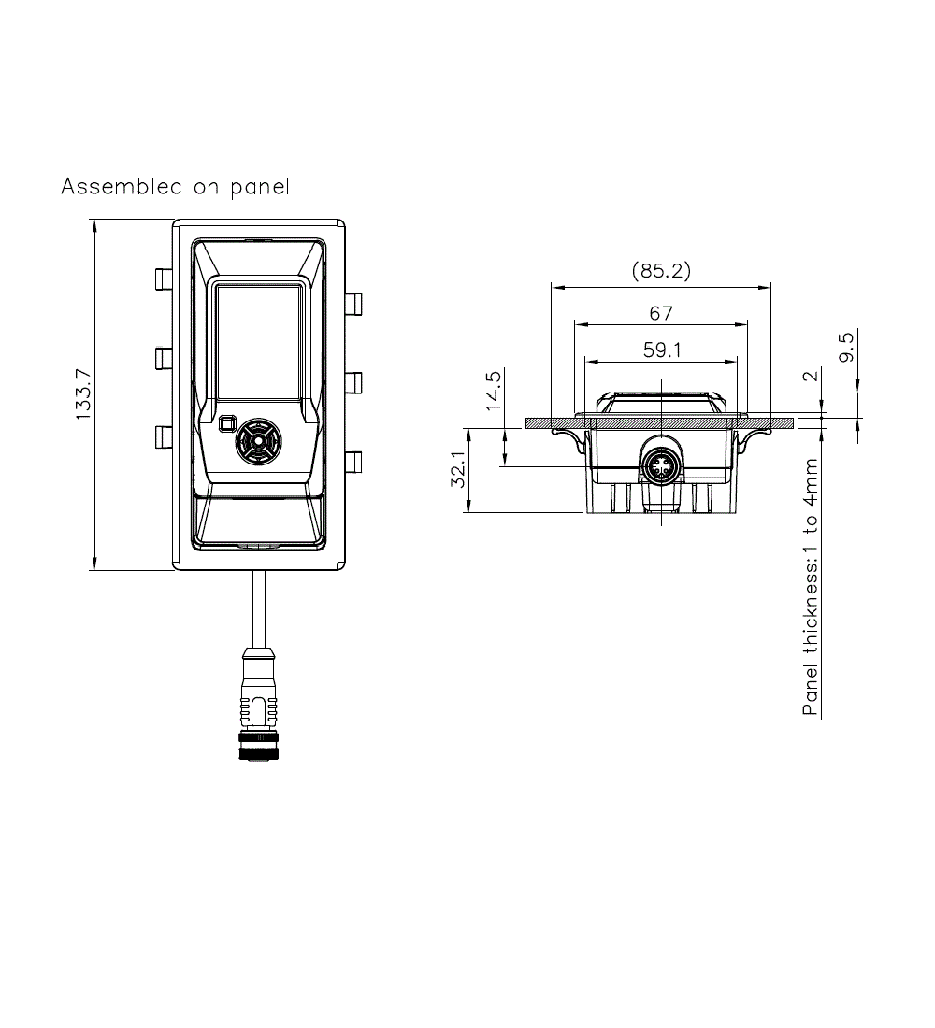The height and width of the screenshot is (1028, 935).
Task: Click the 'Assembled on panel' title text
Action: pyautogui.click(x=175, y=187)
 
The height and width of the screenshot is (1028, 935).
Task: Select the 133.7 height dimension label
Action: pyautogui.click(x=83, y=394)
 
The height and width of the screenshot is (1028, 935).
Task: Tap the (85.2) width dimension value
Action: pyautogui.click(x=661, y=271)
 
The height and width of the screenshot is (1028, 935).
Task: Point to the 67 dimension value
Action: pyautogui.click(x=661, y=313)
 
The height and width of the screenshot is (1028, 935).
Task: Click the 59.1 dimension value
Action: pyautogui.click(x=661, y=350)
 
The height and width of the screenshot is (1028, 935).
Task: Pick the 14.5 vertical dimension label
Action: pyautogui.click(x=495, y=391)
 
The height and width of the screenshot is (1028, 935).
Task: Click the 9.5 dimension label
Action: pyautogui.click(x=846, y=348)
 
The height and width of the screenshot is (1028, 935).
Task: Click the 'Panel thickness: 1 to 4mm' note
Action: pyautogui.click(x=811, y=587)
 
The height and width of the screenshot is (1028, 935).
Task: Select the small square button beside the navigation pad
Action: pyautogui.click(x=225, y=424)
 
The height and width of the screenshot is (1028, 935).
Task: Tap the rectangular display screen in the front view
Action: pyautogui.click(x=259, y=340)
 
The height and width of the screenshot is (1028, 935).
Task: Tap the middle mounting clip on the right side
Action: pyautogui.click(x=353, y=383)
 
